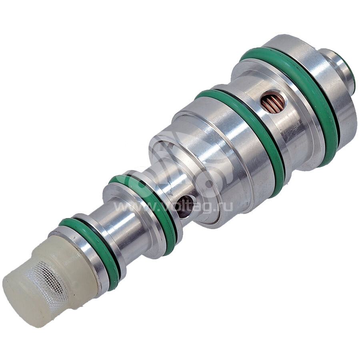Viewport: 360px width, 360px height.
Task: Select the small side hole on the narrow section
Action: [x=186, y=206]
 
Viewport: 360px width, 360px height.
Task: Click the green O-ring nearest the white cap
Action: [x=92, y=248]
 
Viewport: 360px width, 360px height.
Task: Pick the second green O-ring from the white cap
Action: [x=147, y=204]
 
